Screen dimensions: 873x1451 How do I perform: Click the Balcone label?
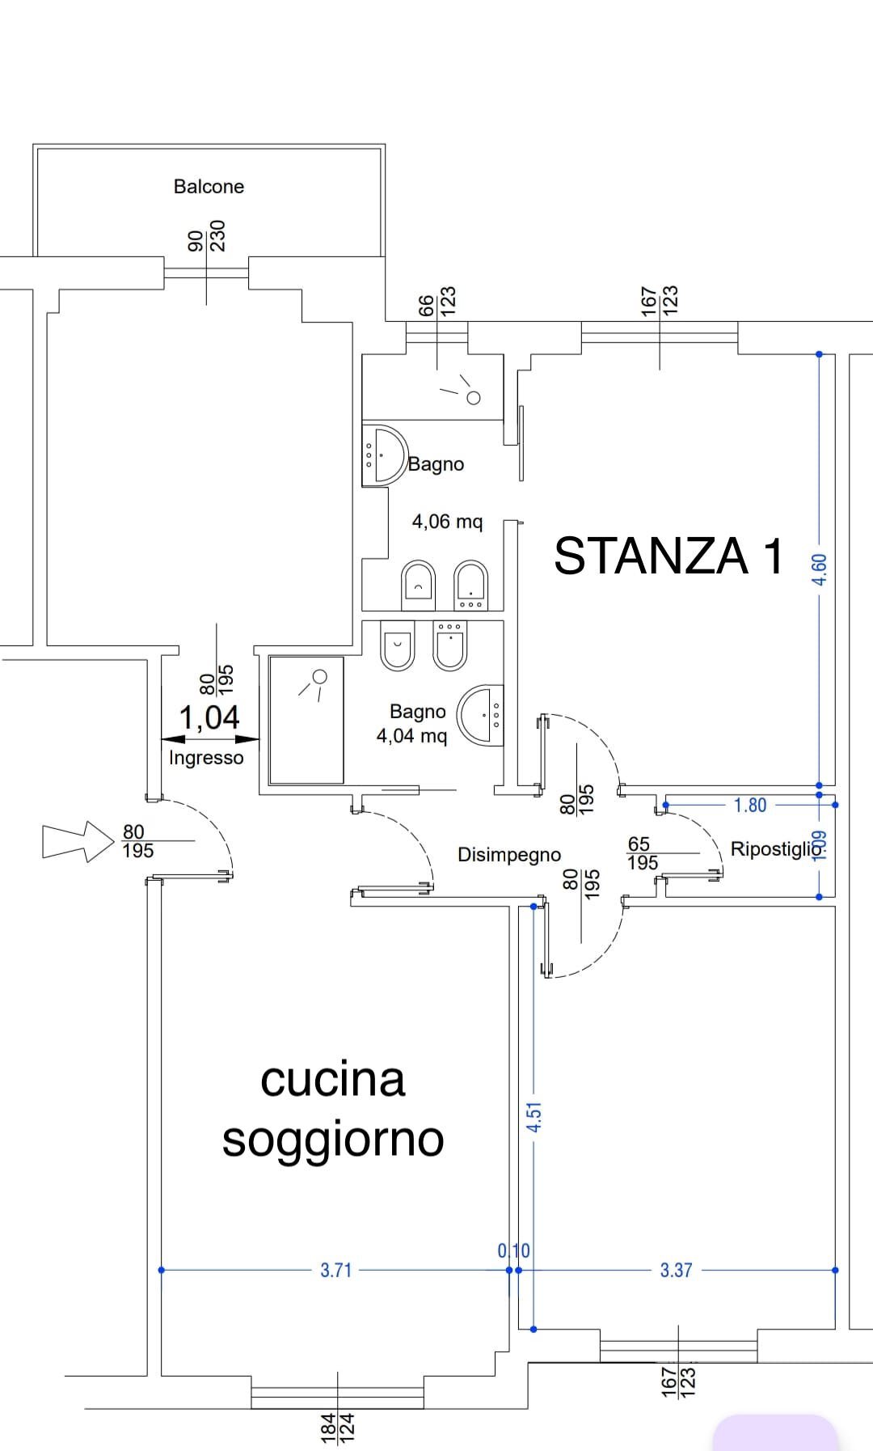point(209,187)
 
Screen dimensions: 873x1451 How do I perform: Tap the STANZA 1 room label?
point(668,556)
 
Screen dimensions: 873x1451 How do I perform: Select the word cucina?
point(332,1080)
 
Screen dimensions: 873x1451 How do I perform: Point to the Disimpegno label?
point(509,855)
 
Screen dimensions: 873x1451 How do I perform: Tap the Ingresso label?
point(206,758)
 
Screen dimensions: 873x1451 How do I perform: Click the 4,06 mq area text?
point(447,522)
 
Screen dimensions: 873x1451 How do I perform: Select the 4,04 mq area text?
point(411,736)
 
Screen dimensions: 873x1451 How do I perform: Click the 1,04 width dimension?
point(209,717)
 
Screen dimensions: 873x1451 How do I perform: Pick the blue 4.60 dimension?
point(820,569)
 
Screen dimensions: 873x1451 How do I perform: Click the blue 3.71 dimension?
point(336,1271)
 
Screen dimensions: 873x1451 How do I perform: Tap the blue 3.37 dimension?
point(677,1271)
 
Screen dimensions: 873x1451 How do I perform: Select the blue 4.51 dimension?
point(533,1116)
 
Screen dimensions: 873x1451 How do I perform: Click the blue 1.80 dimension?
point(750,806)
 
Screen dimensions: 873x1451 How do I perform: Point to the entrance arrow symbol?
point(78,841)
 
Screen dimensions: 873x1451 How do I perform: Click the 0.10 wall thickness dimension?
point(513,1251)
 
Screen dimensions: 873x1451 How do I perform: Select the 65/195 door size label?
point(643,854)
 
